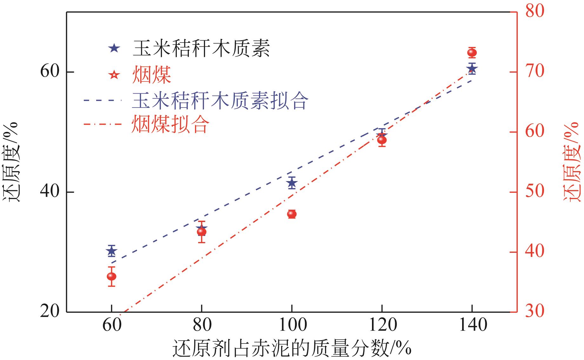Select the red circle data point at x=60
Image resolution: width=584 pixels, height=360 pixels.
(x=111, y=277)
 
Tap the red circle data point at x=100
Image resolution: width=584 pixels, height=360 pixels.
(x=292, y=214)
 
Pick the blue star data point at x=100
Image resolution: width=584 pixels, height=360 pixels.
(x=292, y=183)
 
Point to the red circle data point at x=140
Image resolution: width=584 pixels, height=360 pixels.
(x=472, y=53)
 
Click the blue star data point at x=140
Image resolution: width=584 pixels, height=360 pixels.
(x=472, y=68)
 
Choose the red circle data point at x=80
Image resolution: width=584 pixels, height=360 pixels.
(x=202, y=232)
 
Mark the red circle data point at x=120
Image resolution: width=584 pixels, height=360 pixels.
(x=382, y=140)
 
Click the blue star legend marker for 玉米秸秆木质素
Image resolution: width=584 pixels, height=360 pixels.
(x=114, y=49)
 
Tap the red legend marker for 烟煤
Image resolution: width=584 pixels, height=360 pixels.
(x=114, y=75)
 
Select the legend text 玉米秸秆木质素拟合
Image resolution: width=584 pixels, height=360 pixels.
(x=220, y=101)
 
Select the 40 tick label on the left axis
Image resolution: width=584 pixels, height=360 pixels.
(x=50, y=192)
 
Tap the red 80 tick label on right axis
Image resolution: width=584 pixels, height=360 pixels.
(x=535, y=11)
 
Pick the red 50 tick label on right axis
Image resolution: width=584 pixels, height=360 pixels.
(x=535, y=192)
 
